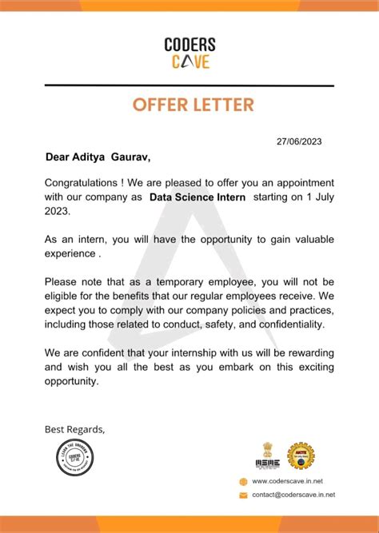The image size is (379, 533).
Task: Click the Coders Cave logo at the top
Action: tap(189, 53)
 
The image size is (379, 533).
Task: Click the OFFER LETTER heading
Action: tap(189, 105)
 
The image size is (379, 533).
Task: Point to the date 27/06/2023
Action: tap(300, 141)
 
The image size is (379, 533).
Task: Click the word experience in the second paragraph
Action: tap(70, 254)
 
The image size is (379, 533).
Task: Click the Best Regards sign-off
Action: tap(74, 429)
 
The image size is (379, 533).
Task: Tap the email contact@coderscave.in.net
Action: tap(293, 495)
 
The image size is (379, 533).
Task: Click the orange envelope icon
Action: tap(243, 495)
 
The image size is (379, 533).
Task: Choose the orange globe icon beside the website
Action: tap(243, 481)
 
